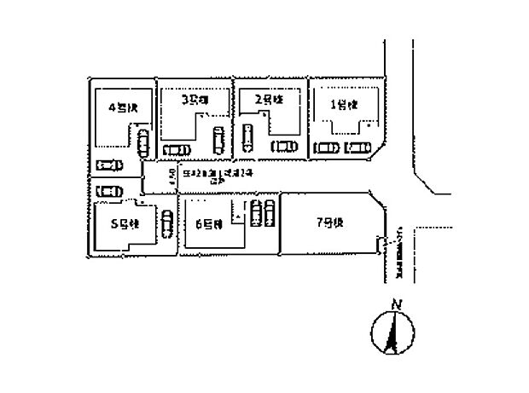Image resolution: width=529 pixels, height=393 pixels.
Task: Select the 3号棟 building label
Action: pos(195,100)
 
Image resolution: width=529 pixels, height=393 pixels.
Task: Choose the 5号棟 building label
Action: pos(125,225)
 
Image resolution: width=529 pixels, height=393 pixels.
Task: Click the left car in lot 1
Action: pos(326,147)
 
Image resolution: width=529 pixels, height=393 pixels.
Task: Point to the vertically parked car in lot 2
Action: pos(248,136)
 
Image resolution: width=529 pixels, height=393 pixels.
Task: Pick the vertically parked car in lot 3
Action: pos(218,139)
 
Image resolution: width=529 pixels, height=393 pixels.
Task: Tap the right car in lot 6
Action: pos(270,212)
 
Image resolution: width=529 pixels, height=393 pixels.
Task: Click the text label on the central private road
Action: pos(205,174)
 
